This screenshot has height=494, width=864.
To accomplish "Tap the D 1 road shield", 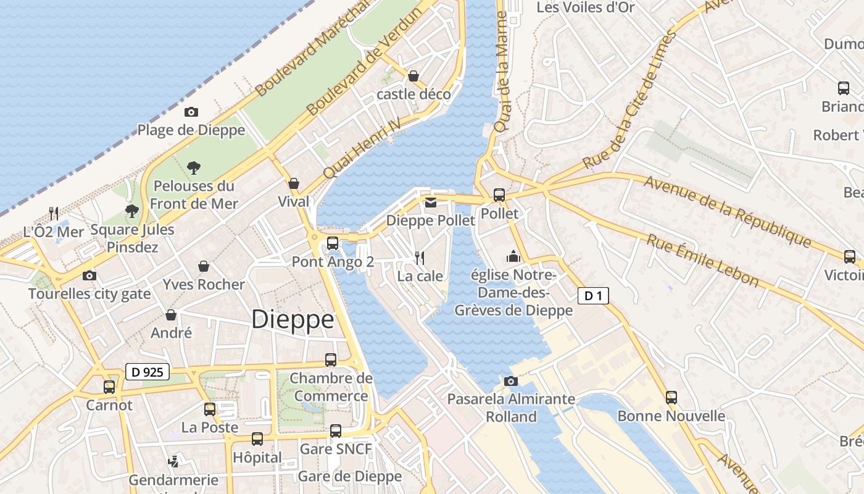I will tap(593, 296).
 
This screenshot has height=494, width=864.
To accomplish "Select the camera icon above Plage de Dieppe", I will tap(191, 112).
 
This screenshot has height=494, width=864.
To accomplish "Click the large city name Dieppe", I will tap(293, 319).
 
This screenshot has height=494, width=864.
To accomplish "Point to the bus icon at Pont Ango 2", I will tap(333, 243).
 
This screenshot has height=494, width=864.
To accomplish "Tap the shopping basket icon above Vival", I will tap(294, 183).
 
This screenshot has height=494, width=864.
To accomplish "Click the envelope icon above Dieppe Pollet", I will tap(430, 202).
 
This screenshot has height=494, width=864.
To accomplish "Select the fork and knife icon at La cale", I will tap(420, 257).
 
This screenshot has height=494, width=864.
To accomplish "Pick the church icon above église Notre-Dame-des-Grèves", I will tap(513, 256).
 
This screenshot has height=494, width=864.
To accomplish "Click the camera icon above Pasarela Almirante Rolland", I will tap(510, 381).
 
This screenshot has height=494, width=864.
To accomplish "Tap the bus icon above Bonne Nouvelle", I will tap(671, 398).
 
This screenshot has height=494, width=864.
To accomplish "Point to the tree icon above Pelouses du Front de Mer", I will tap(194, 167).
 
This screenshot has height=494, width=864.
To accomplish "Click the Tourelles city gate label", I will tap(89, 294).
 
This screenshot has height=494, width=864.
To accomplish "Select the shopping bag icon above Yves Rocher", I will tap(204, 266).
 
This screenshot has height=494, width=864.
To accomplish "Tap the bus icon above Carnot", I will tap(109, 387).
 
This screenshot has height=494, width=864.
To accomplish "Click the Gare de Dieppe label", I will tap(349, 476).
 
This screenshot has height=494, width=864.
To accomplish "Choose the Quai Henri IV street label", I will tap(362, 148).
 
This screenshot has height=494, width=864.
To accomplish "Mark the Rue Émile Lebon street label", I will tap(702, 260).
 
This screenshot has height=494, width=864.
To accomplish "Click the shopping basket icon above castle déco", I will tap(413, 76).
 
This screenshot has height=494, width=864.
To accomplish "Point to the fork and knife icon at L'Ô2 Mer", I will tap(54, 214).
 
